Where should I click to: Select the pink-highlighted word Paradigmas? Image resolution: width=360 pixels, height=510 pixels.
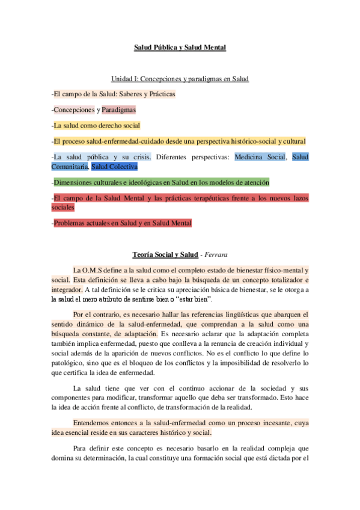click(x=118, y=110)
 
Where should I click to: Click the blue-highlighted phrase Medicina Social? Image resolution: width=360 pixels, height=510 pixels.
click(x=260, y=157)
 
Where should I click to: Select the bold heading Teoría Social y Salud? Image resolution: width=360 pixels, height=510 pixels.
click(x=165, y=255)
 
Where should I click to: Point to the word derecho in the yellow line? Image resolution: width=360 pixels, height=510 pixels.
click(x=105, y=126)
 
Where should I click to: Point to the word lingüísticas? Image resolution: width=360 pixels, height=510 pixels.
click(x=230, y=314)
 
